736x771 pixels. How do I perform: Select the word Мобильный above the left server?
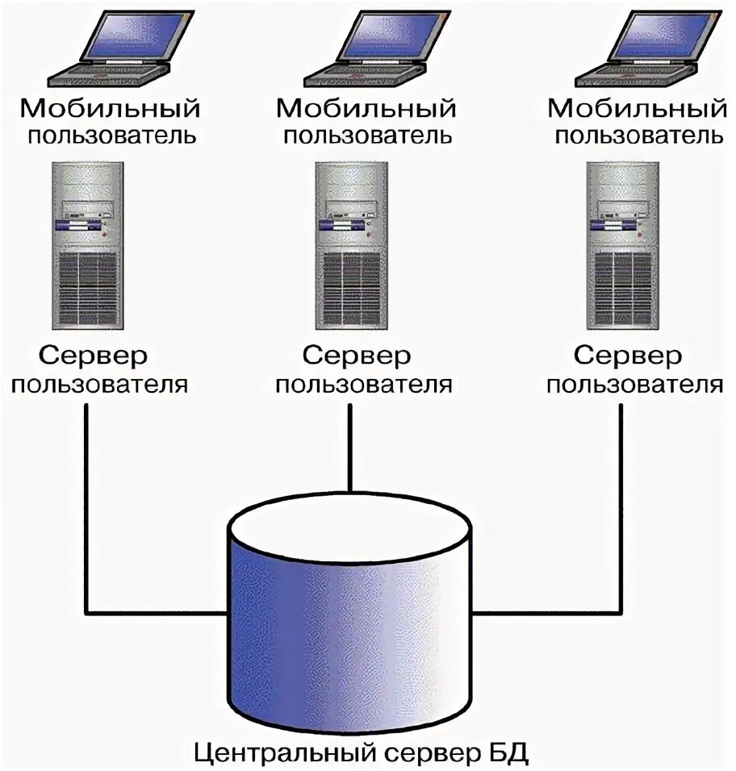tap(110, 108)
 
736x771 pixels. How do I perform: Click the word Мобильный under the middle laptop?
tap(366, 108)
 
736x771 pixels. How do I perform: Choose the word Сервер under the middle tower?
tap(356, 356)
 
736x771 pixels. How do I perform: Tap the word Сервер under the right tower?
tap(627, 356)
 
